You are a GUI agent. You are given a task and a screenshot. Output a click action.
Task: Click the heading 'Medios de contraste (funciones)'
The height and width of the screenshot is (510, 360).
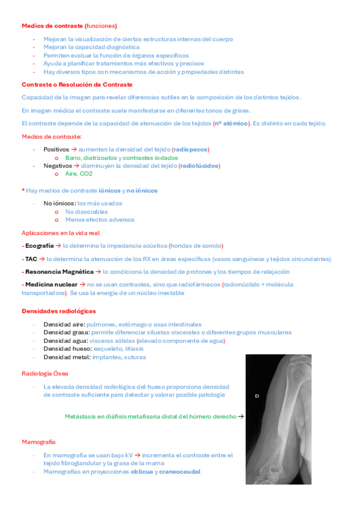[69, 26]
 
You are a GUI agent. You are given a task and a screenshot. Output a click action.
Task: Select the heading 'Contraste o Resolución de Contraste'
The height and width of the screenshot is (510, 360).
[77, 85]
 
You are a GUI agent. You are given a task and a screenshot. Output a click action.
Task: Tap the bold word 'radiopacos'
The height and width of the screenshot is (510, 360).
[191, 149]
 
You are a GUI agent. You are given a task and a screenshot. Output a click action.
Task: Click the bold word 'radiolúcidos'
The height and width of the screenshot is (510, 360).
[200, 165]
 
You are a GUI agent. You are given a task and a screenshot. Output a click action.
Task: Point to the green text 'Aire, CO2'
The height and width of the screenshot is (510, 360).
[79, 174]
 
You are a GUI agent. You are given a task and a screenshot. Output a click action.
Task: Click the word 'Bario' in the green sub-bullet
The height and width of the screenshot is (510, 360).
[73, 157]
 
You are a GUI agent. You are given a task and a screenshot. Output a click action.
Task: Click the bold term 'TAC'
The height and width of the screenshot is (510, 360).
[31, 259]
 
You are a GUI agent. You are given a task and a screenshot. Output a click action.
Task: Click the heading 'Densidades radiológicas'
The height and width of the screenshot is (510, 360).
[59, 311]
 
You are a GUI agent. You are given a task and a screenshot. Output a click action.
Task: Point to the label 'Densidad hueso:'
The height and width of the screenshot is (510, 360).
[66, 349]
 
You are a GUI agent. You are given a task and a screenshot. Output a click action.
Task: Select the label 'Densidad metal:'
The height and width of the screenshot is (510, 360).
[66, 357]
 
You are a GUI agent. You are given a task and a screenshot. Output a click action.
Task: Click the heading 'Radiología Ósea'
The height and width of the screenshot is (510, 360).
[44, 373]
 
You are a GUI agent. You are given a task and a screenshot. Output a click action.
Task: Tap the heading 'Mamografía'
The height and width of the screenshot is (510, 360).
[38, 441]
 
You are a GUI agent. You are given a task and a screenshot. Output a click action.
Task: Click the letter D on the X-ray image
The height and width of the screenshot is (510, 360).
[257, 396]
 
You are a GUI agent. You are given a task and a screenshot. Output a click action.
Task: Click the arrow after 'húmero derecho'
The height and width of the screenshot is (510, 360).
[240, 416]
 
